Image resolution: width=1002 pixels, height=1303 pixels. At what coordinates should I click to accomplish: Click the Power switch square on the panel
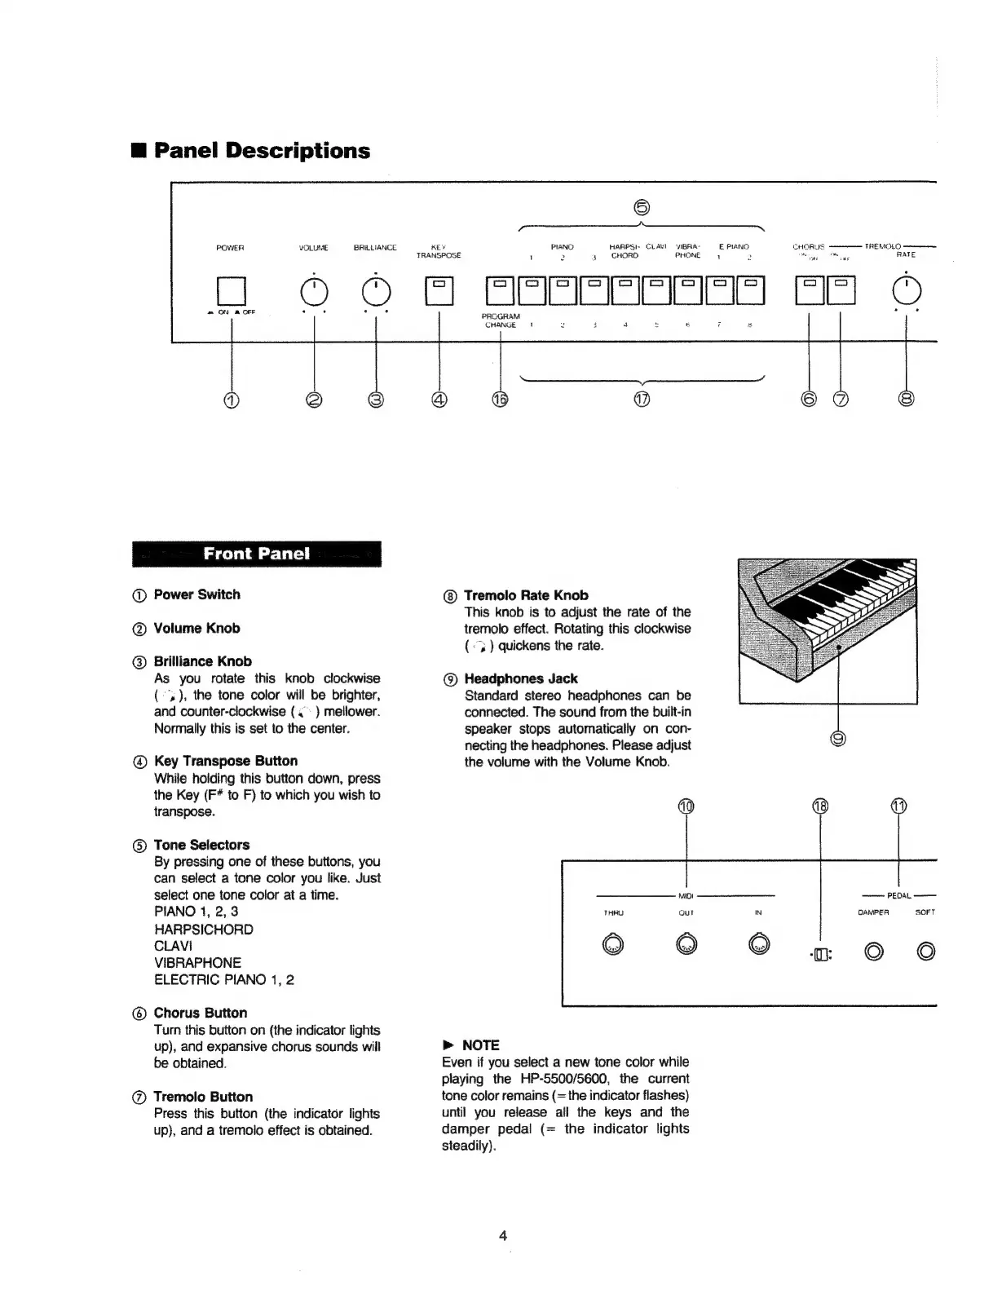(232, 291)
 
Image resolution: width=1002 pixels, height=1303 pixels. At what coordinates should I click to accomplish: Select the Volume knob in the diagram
(314, 290)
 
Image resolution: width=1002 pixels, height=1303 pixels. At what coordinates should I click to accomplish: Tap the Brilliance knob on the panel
(375, 290)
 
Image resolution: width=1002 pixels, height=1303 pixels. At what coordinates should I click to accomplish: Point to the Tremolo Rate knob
(907, 290)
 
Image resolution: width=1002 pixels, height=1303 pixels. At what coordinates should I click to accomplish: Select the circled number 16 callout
(500, 400)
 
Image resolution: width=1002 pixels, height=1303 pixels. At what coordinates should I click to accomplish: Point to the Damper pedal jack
(874, 951)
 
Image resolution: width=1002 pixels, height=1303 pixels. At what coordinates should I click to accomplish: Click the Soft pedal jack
(926, 951)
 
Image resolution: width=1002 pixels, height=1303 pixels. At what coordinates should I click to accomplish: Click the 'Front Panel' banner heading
(257, 554)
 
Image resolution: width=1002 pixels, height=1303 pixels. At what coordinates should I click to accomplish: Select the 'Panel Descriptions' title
(262, 151)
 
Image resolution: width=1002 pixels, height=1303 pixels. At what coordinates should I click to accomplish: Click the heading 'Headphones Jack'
(520, 678)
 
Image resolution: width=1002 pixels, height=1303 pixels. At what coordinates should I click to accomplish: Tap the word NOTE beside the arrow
(480, 1045)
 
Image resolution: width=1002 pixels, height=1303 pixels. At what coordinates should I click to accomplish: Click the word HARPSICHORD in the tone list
(204, 929)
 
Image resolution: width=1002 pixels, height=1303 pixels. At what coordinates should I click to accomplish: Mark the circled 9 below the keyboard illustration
(838, 739)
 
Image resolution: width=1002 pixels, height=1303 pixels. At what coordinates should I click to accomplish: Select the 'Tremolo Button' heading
(203, 1097)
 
